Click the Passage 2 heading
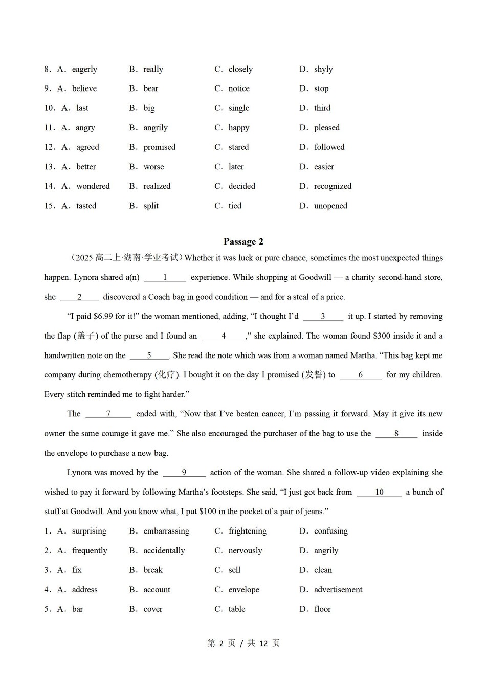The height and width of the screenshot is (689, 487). pyautogui.click(x=243, y=241)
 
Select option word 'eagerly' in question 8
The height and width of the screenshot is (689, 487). pyautogui.click(x=84, y=69)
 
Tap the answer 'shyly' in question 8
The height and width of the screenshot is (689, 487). pyautogui.click(x=323, y=69)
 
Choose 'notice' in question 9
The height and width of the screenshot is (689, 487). pyautogui.click(x=239, y=88)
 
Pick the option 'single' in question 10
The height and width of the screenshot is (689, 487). pyautogui.click(x=239, y=108)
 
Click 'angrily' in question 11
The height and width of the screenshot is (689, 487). pyautogui.click(x=156, y=128)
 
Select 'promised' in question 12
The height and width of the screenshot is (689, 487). pyautogui.click(x=159, y=147)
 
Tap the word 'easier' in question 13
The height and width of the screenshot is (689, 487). pyautogui.click(x=324, y=167)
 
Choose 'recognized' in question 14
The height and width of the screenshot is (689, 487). pyautogui.click(x=333, y=186)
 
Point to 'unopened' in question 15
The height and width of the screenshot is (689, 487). pyautogui.click(x=330, y=206)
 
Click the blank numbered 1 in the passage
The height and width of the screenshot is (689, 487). pyautogui.click(x=165, y=277)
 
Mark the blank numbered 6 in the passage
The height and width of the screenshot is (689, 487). pyautogui.click(x=360, y=375)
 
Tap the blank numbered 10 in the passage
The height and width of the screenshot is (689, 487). pyautogui.click(x=379, y=492)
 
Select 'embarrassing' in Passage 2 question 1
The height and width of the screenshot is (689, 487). pyautogui.click(x=166, y=531)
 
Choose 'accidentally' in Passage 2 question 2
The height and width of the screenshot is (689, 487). pyautogui.click(x=164, y=551)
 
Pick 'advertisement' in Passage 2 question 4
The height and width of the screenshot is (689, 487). pyautogui.click(x=338, y=590)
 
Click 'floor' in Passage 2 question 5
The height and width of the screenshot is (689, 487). pyautogui.click(x=322, y=609)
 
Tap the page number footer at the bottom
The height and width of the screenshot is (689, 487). pyautogui.click(x=243, y=643)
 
